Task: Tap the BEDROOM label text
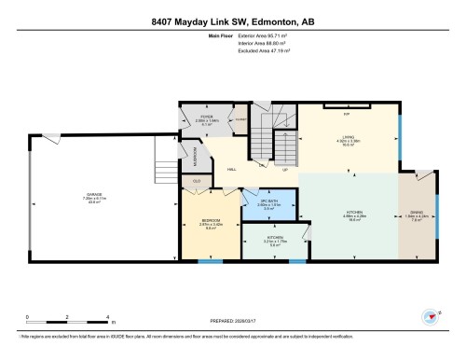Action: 210,220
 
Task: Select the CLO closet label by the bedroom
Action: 197,180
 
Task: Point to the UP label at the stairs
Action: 285,171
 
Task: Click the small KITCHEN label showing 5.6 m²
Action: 276,238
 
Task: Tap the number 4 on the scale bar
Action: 109,318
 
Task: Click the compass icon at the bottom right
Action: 431,316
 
